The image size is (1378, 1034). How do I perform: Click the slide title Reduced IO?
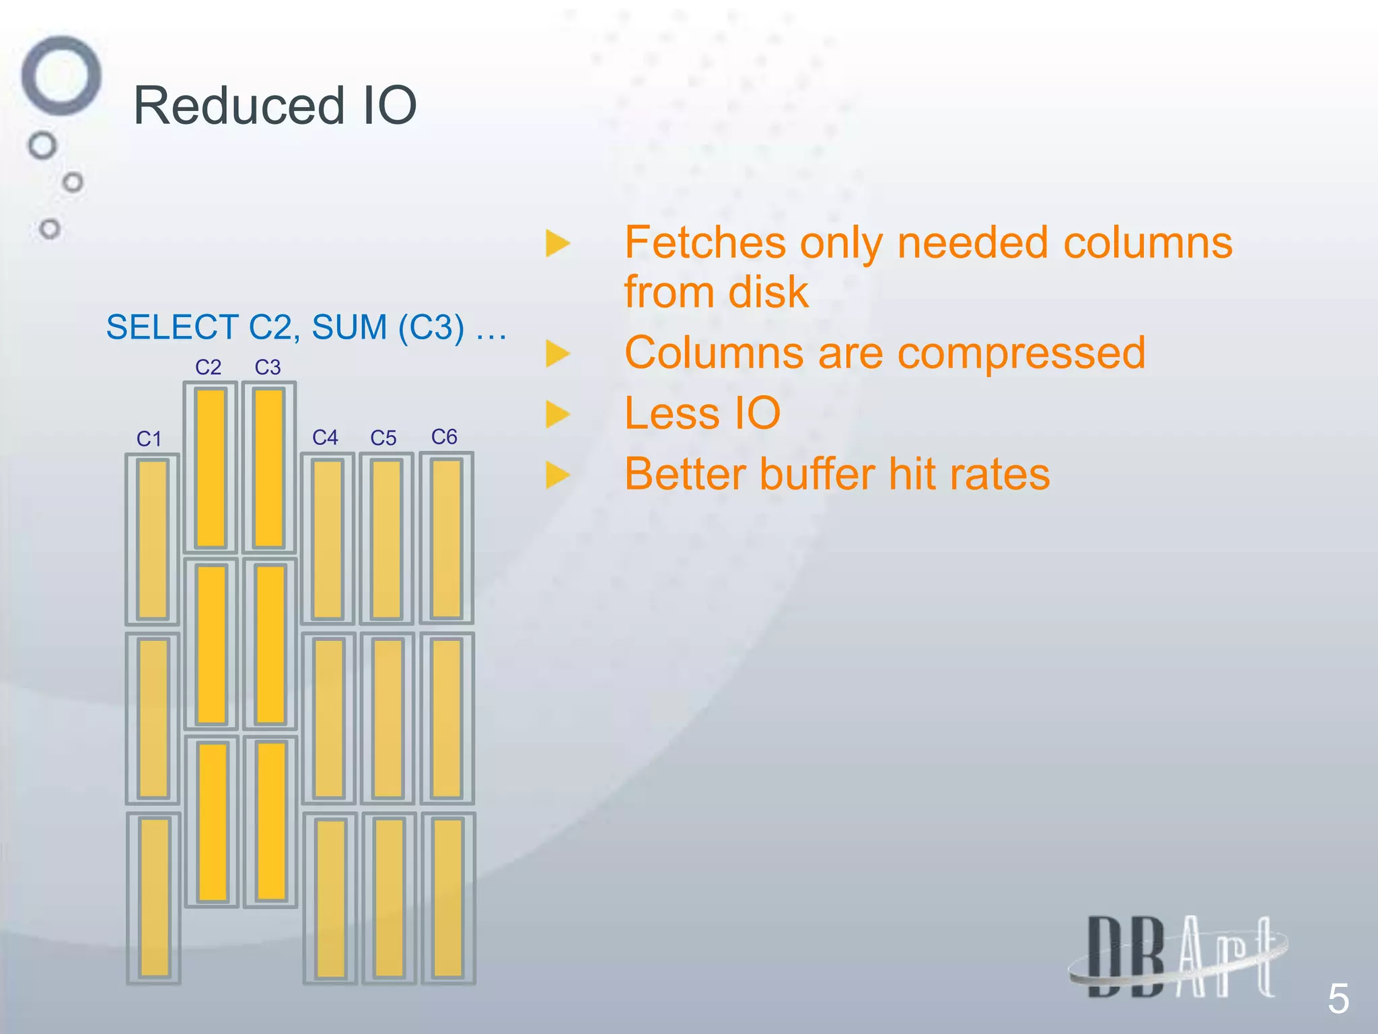[x=275, y=106]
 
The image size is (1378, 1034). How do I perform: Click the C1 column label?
[x=149, y=439]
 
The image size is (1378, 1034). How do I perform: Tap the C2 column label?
[x=208, y=367]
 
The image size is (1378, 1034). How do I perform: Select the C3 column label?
[x=267, y=367]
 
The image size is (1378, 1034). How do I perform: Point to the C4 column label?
[x=325, y=438]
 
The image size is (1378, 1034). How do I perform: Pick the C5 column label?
[x=384, y=438]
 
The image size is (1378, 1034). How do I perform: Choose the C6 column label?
[x=444, y=437]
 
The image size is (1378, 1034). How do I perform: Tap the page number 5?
[x=1338, y=998]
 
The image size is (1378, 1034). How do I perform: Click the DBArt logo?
[x=1178, y=957]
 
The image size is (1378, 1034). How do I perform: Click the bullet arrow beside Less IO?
[x=557, y=414]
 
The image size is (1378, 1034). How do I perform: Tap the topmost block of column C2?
[x=211, y=468]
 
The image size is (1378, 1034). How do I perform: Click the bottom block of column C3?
[x=271, y=821]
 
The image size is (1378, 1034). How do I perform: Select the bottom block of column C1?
[x=154, y=898]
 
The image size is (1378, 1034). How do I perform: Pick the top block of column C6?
[x=447, y=538]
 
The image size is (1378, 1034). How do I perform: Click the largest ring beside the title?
[x=61, y=75]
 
